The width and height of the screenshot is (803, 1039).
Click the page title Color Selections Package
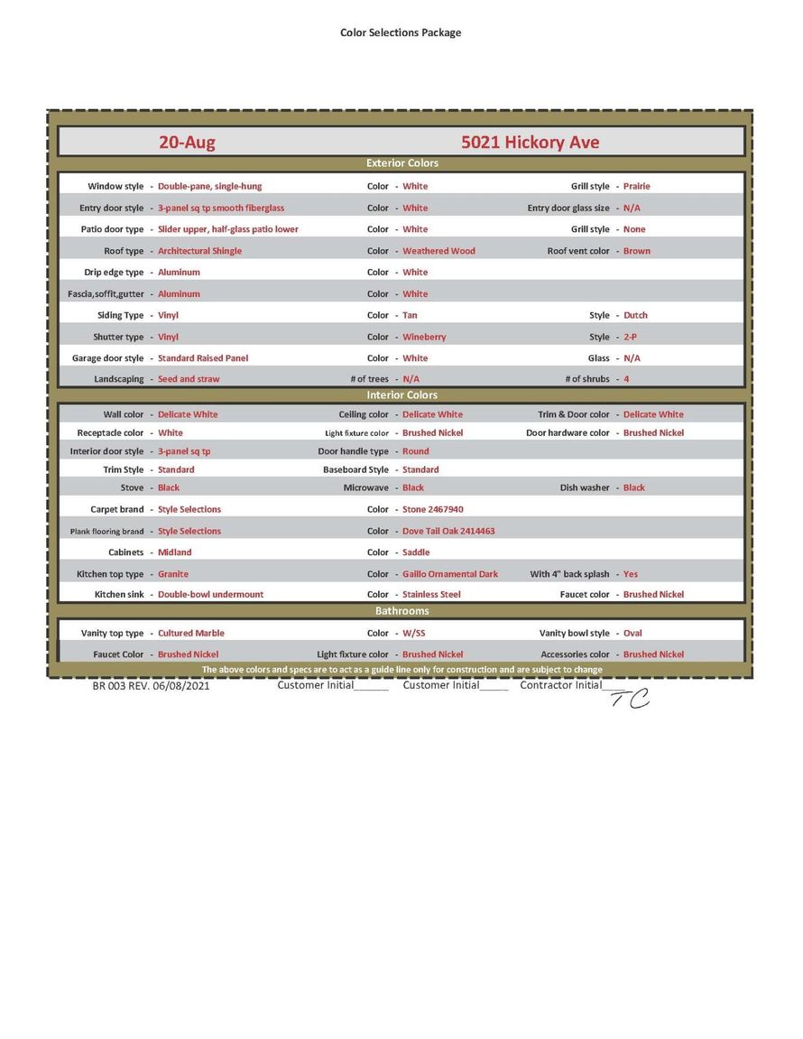coord(401,32)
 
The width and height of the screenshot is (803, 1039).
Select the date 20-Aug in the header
coord(187,143)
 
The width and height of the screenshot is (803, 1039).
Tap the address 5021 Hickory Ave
coord(530,143)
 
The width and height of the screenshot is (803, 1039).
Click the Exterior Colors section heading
coord(401,163)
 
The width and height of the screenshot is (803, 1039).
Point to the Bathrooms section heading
coord(401,611)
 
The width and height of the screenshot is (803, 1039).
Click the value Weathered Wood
coord(438,251)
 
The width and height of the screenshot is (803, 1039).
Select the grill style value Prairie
coord(636,186)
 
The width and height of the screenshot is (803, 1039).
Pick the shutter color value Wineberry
coord(424,337)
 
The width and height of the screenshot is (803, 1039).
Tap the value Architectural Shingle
coord(199,251)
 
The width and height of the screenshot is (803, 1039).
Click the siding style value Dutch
coord(635,315)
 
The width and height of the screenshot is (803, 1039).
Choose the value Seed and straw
coord(189,379)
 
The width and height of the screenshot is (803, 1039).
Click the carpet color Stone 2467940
coord(433,509)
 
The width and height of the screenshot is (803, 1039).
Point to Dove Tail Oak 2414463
coord(448,531)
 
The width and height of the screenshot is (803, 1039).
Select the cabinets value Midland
coord(174,552)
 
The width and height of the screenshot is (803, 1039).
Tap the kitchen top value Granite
coord(173,573)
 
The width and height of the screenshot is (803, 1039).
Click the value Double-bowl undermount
coord(210,594)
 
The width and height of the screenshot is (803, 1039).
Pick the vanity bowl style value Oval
coord(632,633)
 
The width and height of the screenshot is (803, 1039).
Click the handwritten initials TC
coord(630,698)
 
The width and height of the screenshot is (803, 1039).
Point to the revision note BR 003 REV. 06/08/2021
coord(152,686)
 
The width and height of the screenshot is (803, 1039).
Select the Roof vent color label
coord(578,251)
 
